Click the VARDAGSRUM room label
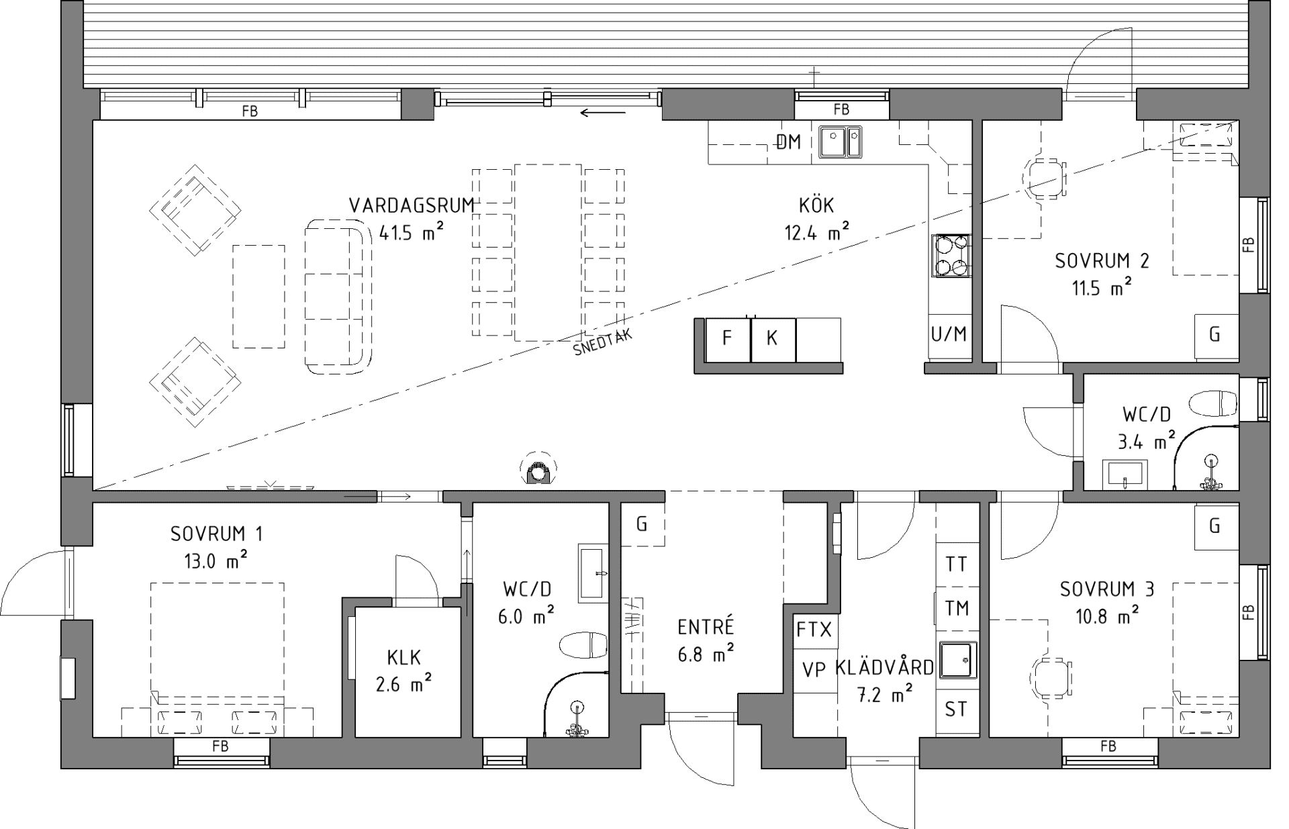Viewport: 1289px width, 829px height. tap(412, 205)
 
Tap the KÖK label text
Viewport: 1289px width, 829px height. tap(816, 205)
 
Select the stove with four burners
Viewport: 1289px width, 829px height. tap(951, 255)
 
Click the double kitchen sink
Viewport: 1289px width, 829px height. tap(840, 142)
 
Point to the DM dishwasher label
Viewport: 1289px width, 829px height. tap(789, 142)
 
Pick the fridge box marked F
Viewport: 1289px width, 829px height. tap(728, 340)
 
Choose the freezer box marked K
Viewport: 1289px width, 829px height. tap(773, 340)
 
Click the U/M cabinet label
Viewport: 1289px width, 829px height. tap(949, 334)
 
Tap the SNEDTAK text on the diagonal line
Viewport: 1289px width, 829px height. tap(603, 343)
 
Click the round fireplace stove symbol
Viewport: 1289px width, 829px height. tap(538, 468)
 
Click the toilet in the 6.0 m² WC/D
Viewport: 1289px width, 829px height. tap(583, 645)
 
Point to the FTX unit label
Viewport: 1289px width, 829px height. tap(814, 630)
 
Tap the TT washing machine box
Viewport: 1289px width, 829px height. tap(956, 564)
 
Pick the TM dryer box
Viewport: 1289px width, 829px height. tap(956, 608)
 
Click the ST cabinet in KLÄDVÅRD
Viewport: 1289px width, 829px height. tap(956, 709)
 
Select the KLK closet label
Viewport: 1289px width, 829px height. tap(404, 656)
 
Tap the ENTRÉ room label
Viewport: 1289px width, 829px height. tap(706, 627)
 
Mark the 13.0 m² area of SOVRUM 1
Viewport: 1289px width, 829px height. tap(216, 560)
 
